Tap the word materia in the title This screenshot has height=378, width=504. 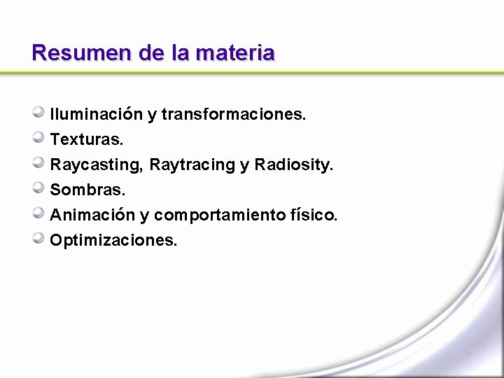coord(235,52)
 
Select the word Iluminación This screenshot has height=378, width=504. coord(96,114)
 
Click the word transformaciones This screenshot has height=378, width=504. coord(234,114)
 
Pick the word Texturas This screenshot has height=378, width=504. coord(87,139)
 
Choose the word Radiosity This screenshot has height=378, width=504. coord(294,164)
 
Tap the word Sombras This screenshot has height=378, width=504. coord(87,190)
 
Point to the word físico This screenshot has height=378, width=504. coord(314,215)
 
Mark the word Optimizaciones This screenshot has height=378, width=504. coord(113,240)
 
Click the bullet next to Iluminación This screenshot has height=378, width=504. coord(39,112)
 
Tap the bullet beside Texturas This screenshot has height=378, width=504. coord(39,137)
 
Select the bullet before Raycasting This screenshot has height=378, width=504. coord(39,162)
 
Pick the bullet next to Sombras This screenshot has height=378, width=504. coord(39,188)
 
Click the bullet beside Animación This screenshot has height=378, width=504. coord(39,213)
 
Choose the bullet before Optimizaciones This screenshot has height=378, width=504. coord(39,238)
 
